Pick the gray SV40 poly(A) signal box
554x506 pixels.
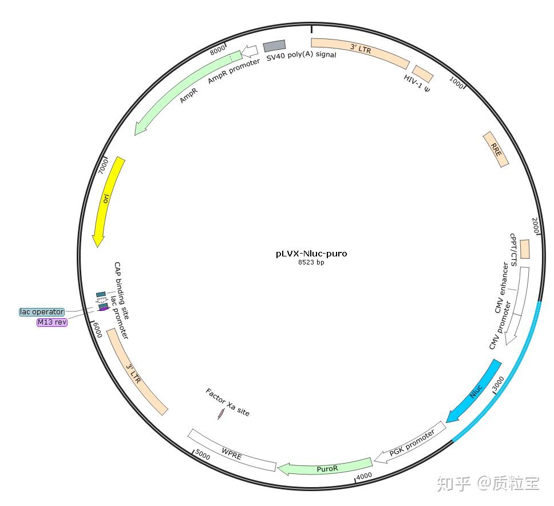(x=274, y=46)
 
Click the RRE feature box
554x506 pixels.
(x=496, y=149)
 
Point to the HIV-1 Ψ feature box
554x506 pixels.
(x=423, y=73)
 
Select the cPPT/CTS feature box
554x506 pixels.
(x=524, y=249)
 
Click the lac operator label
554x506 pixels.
(x=42, y=312)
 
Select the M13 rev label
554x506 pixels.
(x=52, y=322)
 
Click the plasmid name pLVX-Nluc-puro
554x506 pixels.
(x=311, y=254)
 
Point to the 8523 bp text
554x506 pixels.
(x=311, y=263)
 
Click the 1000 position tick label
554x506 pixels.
(x=456, y=82)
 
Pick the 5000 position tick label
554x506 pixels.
(x=203, y=454)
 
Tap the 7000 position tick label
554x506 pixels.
(x=103, y=167)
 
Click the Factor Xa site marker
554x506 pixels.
(x=220, y=414)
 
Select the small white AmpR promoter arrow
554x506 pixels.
(x=249, y=52)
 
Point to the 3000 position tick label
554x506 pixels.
(x=498, y=382)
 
